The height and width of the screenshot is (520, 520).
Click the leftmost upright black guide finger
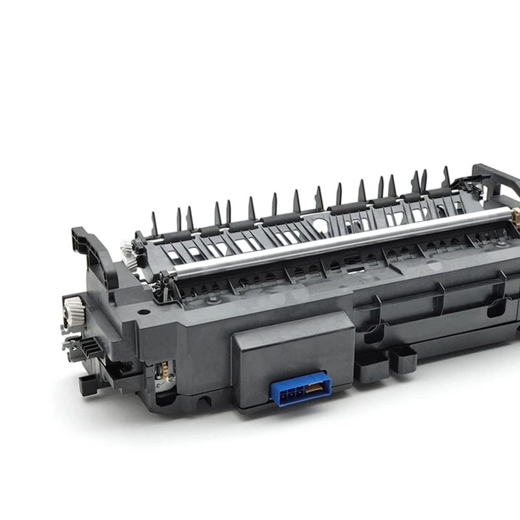tap(155, 221)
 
